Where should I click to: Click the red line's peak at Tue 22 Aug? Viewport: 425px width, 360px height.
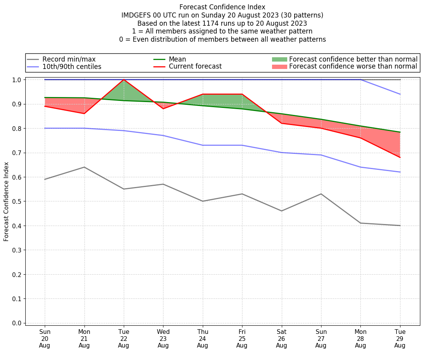pos(124,79)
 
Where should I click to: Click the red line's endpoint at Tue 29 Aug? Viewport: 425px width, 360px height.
pos(400,157)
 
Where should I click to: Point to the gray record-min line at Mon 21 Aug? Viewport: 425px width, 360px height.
pos(84,167)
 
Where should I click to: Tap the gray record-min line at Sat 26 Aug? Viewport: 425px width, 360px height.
pos(281,211)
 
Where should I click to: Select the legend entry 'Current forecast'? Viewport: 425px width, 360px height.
pos(195,67)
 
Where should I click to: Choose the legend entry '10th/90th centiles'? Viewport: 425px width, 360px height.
pos(72,67)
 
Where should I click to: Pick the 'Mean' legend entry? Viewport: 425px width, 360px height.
pos(177,59)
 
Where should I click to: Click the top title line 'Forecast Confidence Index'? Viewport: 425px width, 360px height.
pos(222,7)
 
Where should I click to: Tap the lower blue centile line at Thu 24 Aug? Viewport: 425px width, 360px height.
pos(202,145)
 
